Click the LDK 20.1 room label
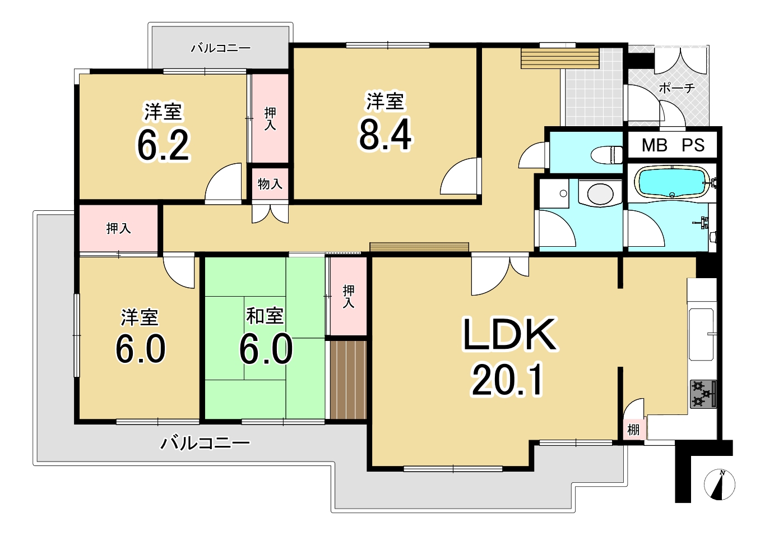509,357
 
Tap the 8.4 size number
385,135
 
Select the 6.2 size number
164,145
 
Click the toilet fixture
606,155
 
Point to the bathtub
673,182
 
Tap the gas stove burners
703,394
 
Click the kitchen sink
701,334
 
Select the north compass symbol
720,485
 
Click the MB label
655,145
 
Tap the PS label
693,145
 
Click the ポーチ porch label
677,89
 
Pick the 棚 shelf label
633,430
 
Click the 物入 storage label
270,184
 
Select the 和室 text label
265,316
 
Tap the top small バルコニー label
221,48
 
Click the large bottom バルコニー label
205,443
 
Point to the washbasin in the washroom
600,193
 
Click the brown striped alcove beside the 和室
348,380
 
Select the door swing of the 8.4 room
461,176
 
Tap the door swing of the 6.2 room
224,182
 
